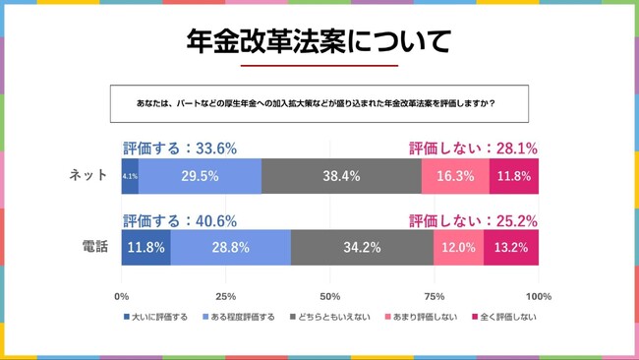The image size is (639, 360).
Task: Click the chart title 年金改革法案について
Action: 319,41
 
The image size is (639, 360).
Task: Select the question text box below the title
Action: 319,103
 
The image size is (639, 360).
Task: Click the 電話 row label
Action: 94,247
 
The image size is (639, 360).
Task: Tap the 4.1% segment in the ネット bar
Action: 130,176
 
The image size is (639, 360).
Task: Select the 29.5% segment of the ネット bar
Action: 201,176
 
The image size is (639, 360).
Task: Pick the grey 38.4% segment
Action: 341,176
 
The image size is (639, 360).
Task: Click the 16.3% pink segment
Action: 455,176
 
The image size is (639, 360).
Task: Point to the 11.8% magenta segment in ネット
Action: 514,176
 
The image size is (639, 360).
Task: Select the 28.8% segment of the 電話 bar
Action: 231,247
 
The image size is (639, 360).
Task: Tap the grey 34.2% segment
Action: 362,247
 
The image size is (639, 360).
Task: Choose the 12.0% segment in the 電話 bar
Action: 458,247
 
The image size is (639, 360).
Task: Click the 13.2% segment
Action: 511,247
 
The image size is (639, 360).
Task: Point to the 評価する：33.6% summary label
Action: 180,149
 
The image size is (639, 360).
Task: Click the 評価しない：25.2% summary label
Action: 473,220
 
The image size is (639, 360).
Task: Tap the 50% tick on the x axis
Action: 330,296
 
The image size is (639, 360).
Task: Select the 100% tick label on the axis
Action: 538,296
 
